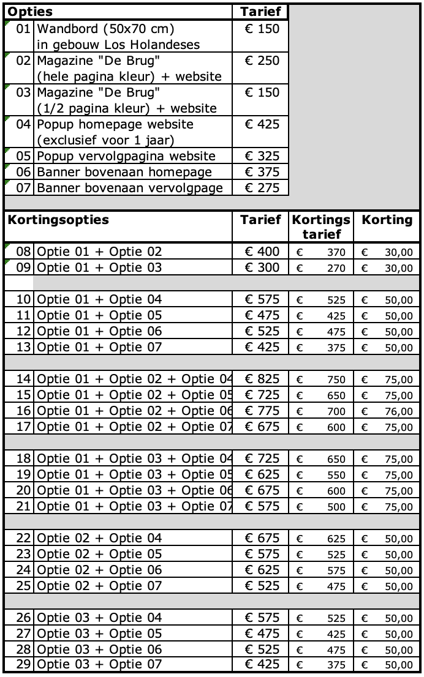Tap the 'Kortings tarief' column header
(x=321, y=227)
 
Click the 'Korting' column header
(x=387, y=220)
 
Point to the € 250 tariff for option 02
(x=262, y=61)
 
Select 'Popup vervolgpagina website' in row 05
(x=126, y=156)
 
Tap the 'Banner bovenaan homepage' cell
(x=124, y=172)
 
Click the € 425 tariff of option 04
(x=262, y=124)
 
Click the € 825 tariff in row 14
(x=262, y=379)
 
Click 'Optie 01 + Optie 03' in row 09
(x=99, y=267)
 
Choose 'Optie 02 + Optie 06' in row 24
(x=99, y=570)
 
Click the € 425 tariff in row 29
(x=262, y=664)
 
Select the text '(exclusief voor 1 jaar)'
(x=105, y=140)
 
